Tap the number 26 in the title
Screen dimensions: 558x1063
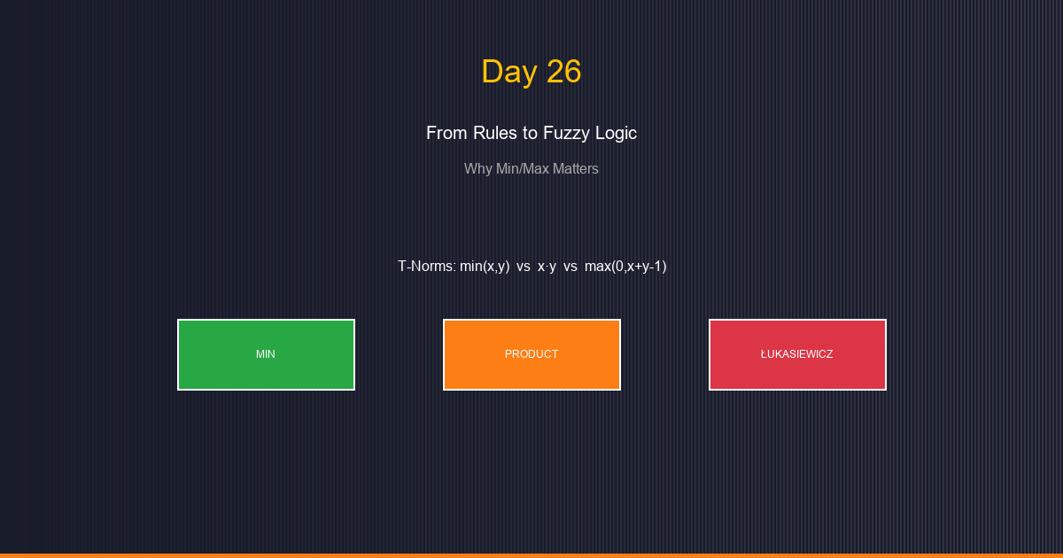(563, 72)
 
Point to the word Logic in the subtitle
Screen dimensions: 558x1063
(617, 133)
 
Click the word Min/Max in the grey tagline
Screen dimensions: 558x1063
(523, 168)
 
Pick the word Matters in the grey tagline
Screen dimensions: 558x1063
(576, 168)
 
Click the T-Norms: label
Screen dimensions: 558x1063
(426, 266)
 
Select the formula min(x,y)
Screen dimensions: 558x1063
(485, 266)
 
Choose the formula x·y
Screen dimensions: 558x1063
(547, 266)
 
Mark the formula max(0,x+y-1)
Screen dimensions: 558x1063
(625, 266)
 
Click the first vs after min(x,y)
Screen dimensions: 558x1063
(524, 266)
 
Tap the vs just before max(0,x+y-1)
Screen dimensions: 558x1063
(570, 266)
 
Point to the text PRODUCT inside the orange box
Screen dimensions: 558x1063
(531, 354)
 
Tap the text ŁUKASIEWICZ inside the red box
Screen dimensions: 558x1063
(796, 354)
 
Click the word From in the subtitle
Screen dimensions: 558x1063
(445, 133)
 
